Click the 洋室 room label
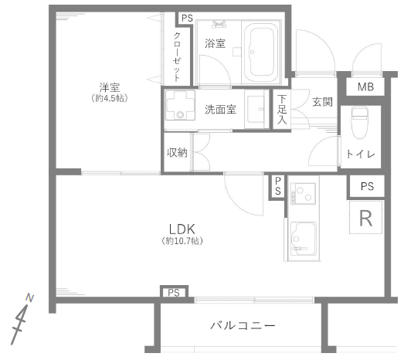tap(110, 87)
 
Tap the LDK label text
tap(182, 229)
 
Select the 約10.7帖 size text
tap(182, 241)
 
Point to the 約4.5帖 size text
tap(110, 98)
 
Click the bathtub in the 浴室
tap(261, 53)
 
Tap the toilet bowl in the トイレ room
tap(360, 123)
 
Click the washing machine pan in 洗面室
tap(180, 105)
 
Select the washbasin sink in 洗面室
tap(256, 109)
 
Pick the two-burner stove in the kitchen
tap(303, 193)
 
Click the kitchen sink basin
tap(304, 239)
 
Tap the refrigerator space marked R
tap(365, 218)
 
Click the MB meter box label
tap(365, 87)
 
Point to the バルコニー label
tap(243, 325)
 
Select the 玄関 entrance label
tap(322, 102)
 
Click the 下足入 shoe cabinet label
tap(282, 109)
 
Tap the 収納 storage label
tap(177, 152)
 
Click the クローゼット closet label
tap(177, 57)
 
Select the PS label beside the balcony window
tap(174, 293)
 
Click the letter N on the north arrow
tap(30, 298)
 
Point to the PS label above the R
tap(367, 186)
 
